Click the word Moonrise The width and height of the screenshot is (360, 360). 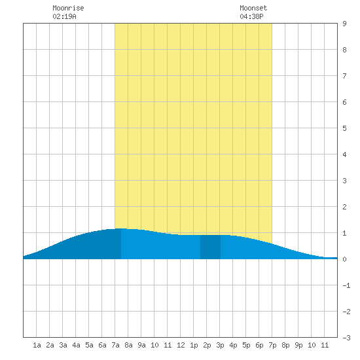pyautogui.click(x=68, y=8)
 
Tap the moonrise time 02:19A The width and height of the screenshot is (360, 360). pyautogui.click(x=64, y=16)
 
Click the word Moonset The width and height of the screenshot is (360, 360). pyautogui.click(x=253, y=8)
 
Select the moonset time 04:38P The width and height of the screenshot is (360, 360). pyautogui.click(x=251, y=16)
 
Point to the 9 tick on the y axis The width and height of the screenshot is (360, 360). pyautogui.click(x=344, y=24)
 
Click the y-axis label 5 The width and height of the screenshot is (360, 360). pyautogui.click(x=344, y=128)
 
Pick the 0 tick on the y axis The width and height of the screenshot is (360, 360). pyautogui.click(x=344, y=259)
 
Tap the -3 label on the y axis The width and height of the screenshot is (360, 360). pyautogui.click(x=346, y=338)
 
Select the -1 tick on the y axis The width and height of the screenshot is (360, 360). pyautogui.click(x=346, y=285)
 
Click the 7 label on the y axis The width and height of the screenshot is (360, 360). pyautogui.click(x=344, y=76)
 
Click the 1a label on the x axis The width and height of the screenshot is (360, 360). pyautogui.click(x=37, y=345)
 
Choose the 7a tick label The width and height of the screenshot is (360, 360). pyautogui.click(x=115, y=345)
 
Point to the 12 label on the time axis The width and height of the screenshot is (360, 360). pyautogui.click(x=181, y=345)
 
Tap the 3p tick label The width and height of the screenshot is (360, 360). pyautogui.click(x=220, y=345)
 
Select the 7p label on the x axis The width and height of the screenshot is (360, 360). pyautogui.click(x=272, y=345)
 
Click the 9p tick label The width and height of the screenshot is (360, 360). pyautogui.click(x=298, y=345)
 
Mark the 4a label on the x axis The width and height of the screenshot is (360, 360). pyautogui.click(x=76, y=345)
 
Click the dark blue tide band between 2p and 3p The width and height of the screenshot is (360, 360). pyautogui.click(x=210, y=247)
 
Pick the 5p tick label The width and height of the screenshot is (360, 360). pyautogui.click(x=246, y=345)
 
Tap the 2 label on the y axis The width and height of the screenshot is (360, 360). pyautogui.click(x=344, y=207)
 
